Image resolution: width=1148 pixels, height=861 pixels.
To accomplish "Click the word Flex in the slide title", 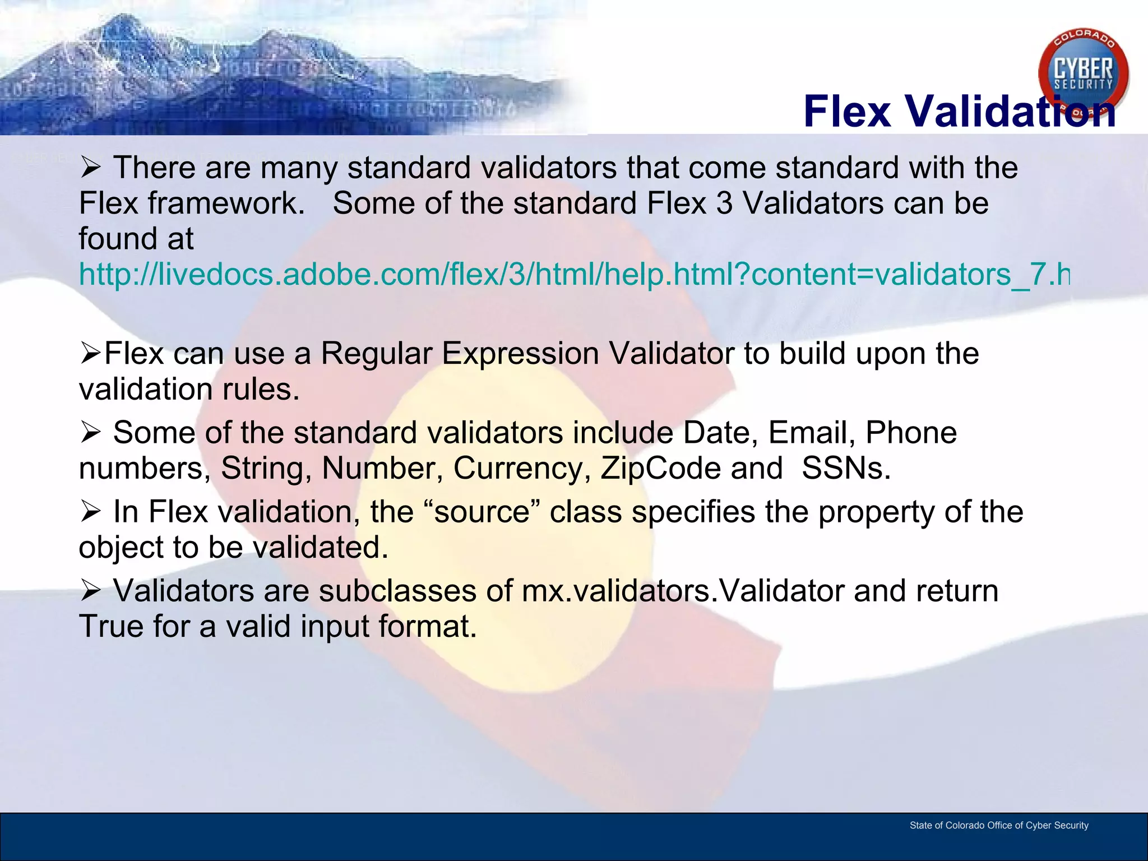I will (846, 111).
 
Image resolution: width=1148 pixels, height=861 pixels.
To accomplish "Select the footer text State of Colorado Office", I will (998, 825).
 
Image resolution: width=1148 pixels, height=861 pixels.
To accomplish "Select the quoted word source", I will (482, 512).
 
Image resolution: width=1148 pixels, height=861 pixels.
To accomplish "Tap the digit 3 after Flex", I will (724, 203).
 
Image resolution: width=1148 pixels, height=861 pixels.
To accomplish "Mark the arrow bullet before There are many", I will (90, 168).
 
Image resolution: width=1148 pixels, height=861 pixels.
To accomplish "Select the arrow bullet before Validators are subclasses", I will (90, 591).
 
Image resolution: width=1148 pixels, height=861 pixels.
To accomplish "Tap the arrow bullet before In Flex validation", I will (90, 512).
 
